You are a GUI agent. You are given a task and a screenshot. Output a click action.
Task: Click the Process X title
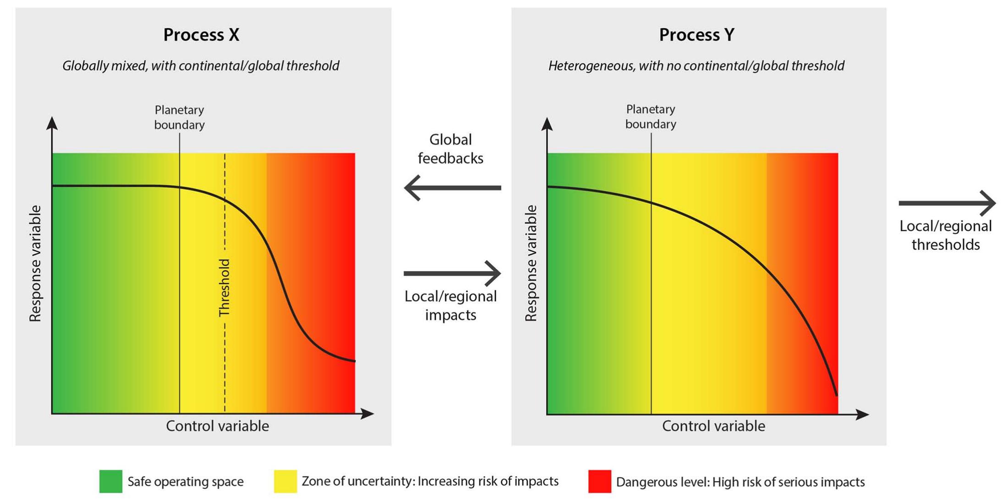point(201,35)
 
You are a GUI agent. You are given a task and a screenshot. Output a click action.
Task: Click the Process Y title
point(696,35)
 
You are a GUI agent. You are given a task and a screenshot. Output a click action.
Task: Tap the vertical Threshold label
point(224,288)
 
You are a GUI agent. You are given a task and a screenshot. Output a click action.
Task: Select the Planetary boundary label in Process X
point(179,117)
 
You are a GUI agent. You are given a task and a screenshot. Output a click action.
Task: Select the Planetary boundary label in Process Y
point(651,116)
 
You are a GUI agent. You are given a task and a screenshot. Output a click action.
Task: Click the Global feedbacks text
point(450,149)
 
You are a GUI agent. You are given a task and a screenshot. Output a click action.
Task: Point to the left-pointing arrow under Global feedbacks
point(452,188)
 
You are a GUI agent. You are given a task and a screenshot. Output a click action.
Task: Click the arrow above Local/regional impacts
point(452,273)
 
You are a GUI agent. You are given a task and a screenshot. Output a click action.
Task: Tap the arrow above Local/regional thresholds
point(947,203)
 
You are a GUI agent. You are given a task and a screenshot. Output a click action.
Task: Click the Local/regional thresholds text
point(946,235)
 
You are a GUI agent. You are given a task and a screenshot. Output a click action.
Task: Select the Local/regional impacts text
point(450,305)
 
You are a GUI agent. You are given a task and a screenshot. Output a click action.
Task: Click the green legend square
point(111,481)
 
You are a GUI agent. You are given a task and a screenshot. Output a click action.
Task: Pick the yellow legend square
point(285,481)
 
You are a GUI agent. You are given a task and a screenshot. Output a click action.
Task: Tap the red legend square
point(600,481)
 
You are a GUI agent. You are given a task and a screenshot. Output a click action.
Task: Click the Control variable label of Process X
point(217,426)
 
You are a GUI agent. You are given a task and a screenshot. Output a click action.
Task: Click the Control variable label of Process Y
point(713,426)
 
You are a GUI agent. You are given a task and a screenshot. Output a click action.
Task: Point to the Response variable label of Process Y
point(531,263)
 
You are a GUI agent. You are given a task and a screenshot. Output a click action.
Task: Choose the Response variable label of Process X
point(35,263)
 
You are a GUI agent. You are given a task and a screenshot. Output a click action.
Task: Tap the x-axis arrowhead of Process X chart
point(368,414)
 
